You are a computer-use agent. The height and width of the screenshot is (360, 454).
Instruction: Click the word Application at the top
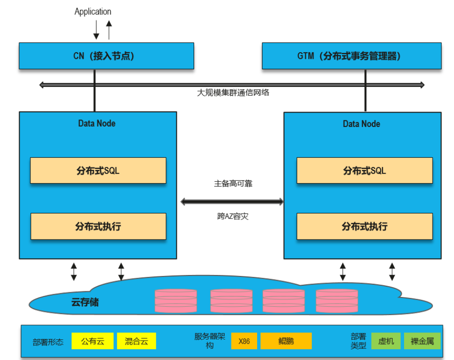point(93,12)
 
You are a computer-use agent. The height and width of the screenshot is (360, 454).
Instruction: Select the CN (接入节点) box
point(106,56)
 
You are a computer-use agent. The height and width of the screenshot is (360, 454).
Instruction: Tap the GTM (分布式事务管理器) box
point(351,56)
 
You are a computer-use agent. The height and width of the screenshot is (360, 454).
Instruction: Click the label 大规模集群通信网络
point(233,92)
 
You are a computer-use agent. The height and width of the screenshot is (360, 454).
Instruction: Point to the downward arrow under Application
point(96,30)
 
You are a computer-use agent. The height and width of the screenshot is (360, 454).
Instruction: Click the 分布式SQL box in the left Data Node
point(98,170)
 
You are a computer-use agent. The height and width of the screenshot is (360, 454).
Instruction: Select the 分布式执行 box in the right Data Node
point(364,226)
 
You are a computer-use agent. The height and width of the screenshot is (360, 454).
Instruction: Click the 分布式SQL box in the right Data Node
point(364,170)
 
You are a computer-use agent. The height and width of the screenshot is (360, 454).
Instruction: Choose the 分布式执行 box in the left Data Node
point(98,226)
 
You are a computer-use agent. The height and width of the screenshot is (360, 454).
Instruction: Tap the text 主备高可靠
point(233,184)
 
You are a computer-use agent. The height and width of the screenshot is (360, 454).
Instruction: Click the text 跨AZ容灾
point(233,216)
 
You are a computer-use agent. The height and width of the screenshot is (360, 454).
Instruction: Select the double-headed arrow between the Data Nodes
point(232,202)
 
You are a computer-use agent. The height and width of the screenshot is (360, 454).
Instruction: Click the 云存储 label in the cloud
point(85,302)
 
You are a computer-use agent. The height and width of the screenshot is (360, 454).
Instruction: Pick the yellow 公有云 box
point(92,341)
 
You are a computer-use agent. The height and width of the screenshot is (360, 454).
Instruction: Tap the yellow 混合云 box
point(136,341)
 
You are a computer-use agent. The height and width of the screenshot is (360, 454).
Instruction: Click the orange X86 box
point(244,341)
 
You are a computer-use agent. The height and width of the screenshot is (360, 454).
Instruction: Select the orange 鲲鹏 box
point(286,341)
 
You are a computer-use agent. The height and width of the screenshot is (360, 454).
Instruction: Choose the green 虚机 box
point(386,341)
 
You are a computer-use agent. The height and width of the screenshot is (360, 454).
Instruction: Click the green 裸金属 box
point(422,341)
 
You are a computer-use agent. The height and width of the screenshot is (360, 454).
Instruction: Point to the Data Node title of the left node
point(97,123)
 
